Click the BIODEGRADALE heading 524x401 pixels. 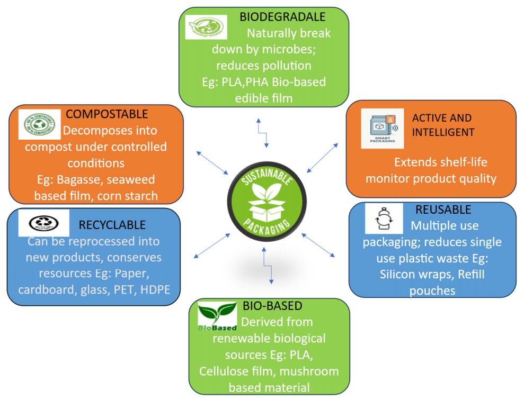pos(282,16)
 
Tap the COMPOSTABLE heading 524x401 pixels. pos(106,114)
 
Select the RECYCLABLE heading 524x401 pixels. pos(112,225)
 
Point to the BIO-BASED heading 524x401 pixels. pos(272,306)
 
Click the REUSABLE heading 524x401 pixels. pos(443,209)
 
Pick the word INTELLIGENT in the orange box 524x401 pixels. pos(443,132)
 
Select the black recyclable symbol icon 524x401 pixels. pos(43,223)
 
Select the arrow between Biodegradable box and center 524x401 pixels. pos(262,133)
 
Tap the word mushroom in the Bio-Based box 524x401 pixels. pos(313,371)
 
